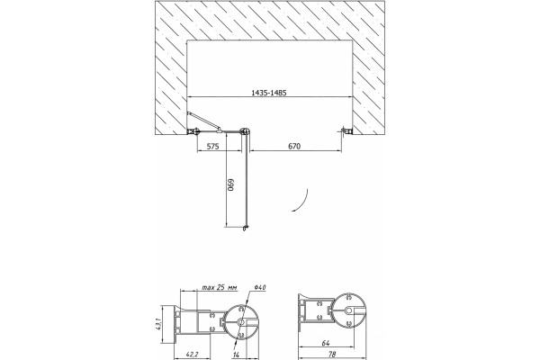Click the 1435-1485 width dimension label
coord(269,93)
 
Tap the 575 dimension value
coord(212,147)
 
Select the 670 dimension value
coord(294,147)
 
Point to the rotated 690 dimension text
coord(230,184)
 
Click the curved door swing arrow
coord(302,202)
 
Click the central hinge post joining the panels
coord(246,131)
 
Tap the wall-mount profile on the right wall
coord(346,130)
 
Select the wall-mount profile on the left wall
coord(193,131)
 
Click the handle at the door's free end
coord(245,228)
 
